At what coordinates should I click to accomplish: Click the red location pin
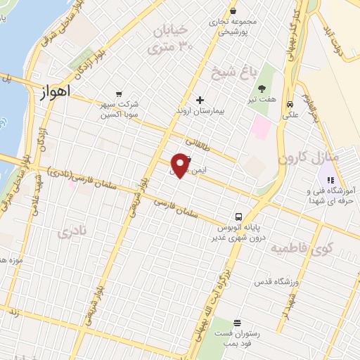point(181,165)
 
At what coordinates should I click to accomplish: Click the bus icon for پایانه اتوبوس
point(239,217)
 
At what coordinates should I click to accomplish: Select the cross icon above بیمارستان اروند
point(200,101)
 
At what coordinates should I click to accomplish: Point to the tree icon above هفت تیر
point(262,89)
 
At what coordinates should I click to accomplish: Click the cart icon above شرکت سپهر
point(118,93)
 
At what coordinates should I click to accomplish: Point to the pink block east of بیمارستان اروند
point(261,127)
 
